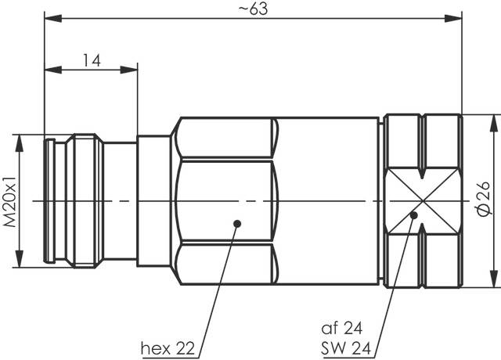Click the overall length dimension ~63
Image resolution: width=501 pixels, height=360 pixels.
pos(251,9)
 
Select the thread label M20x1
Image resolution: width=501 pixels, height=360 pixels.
pos(10,201)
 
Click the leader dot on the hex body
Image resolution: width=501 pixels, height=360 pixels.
pos(236,225)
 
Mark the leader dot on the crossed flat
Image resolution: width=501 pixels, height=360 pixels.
pos(415,214)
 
